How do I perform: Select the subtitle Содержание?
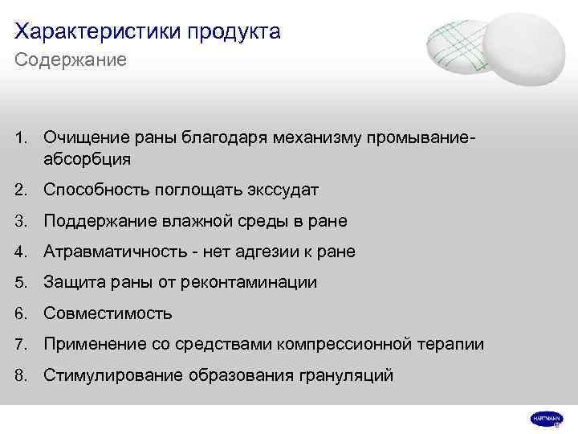point(71,60)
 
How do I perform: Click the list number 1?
point(20,139)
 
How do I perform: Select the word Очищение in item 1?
point(83,139)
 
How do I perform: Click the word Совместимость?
point(108,313)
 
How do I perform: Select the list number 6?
point(20,313)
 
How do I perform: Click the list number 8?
point(20,375)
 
